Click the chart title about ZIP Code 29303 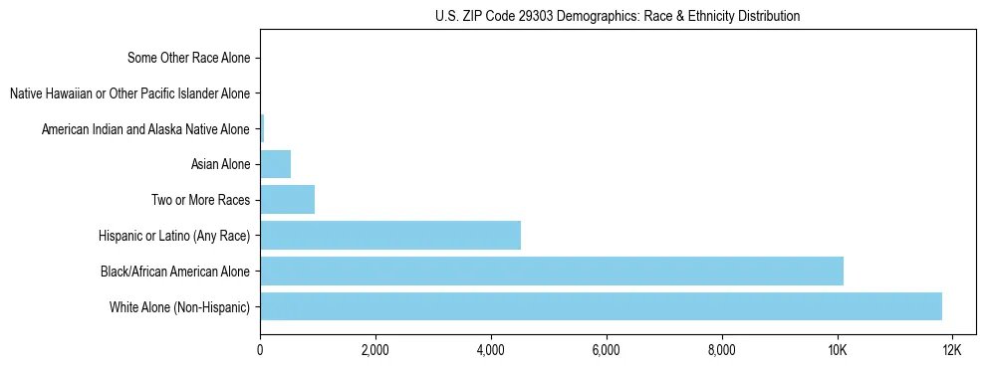(x=616, y=16)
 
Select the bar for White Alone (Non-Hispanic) (x=601, y=306)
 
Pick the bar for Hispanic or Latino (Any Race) (x=389, y=235)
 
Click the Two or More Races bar (x=287, y=199)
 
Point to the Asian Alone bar (x=275, y=164)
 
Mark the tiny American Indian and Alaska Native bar (x=262, y=128)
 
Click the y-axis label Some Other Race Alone (x=188, y=58)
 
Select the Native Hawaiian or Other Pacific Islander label (x=129, y=93)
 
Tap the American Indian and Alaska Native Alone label (x=145, y=129)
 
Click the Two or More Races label (x=200, y=200)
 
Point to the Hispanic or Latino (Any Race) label (x=174, y=236)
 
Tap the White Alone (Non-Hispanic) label (x=180, y=306)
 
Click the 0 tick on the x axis (x=260, y=350)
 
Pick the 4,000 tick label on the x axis (x=490, y=350)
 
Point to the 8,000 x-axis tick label (x=721, y=350)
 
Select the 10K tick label (x=837, y=350)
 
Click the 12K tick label (x=951, y=350)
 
